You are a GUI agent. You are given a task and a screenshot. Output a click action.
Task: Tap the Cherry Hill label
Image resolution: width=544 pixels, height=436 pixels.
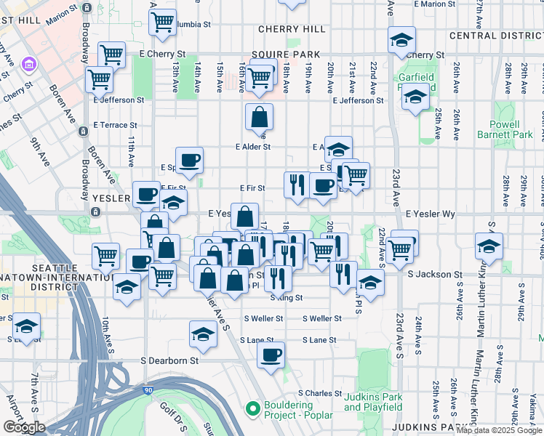(x=292, y=29)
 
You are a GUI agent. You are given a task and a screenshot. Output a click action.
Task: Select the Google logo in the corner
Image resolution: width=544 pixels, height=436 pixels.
(x=24, y=427)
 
